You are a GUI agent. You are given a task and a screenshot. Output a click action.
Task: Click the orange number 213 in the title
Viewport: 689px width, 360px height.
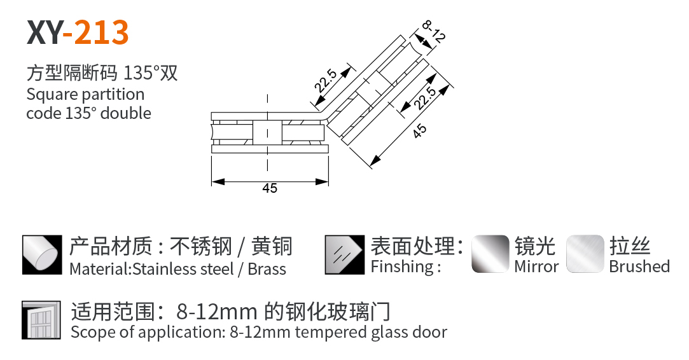click(102, 32)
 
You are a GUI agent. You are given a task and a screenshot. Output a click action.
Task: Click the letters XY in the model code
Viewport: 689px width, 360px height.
click(45, 32)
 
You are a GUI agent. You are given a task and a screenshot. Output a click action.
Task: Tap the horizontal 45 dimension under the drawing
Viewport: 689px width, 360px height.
click(270, 188)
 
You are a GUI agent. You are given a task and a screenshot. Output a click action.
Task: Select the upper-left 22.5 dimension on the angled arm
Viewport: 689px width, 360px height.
click(326, 80)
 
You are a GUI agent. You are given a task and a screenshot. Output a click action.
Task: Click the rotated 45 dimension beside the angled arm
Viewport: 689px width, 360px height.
click(420, 130)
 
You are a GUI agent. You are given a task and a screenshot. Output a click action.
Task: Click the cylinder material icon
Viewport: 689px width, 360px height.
click(42, 255)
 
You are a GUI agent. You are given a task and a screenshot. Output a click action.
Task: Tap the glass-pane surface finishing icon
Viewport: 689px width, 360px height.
click(345, 255)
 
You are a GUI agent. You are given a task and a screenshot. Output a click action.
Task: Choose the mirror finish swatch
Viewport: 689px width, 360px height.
click(490, 254)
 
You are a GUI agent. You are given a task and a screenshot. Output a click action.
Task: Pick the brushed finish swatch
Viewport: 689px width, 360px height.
click(585, 254)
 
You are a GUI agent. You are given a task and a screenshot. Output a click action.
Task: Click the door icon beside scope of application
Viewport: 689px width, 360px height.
click(41, 320)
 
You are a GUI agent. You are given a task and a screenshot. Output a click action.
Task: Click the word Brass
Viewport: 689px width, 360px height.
click(267, 269)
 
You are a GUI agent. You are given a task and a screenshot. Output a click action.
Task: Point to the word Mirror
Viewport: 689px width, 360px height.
click(536, 267)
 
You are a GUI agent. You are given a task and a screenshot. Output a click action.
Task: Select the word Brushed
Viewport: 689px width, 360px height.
click(639, 267)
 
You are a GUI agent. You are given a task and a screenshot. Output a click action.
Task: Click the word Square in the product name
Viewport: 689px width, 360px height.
click(52, 95)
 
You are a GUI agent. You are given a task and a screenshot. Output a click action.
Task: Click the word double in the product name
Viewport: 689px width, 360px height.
click(126, 113)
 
